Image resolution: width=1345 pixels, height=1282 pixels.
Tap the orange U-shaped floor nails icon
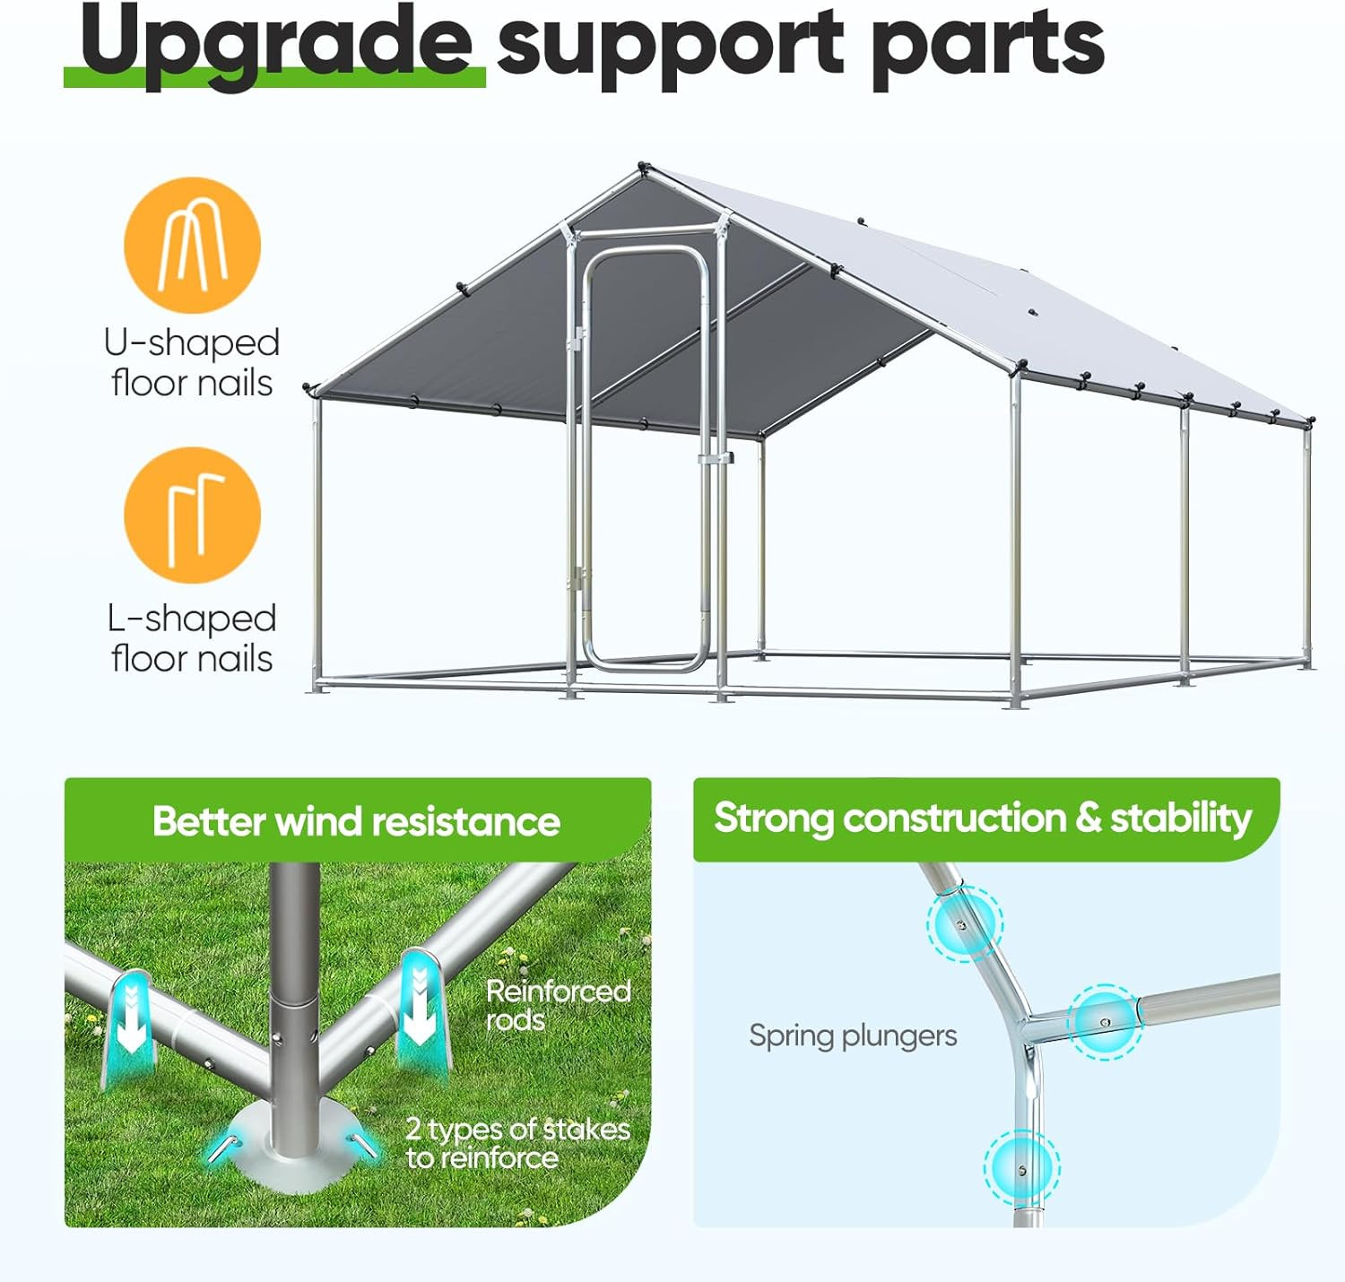coord(192,245)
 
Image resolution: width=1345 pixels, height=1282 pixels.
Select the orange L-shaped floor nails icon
coord(192,515)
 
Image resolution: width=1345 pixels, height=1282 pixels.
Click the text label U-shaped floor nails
coord(192,363)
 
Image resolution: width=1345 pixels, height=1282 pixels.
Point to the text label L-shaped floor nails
coord(192,638)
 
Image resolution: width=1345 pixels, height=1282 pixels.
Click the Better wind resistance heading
coord(356,821)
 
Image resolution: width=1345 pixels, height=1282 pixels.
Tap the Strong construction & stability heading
coord(983,818)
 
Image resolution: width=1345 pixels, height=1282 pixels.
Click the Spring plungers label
coord(853,1035)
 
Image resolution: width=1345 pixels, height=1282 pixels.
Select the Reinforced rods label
coord(558,1005)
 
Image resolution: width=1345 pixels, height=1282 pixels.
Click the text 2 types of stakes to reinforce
coord(517,1143)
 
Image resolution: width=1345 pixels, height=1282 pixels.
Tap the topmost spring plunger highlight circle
coord(964,923)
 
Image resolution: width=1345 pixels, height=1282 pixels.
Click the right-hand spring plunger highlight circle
coord(1105,1021)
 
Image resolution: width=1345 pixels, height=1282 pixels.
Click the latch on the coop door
coord(716,458)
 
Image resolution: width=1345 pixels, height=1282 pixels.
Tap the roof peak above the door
coord(642,169)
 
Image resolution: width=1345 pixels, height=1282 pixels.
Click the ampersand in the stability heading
coord(1087,818)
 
